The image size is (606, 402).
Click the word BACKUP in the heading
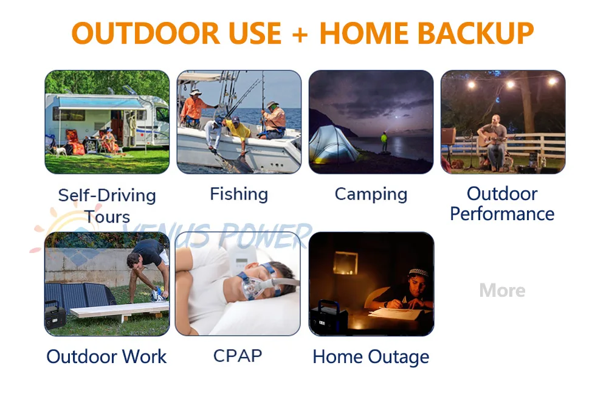(x=476, y=33)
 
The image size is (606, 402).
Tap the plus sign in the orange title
(x=300, y=35)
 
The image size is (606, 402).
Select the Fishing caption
(x=239, y=193)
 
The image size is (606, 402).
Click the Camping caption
(x=371, y=195)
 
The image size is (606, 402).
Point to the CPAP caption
(x=238, y=356)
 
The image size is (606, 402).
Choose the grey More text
(x=503, y=290)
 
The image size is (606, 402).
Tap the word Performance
(x=502, y=213)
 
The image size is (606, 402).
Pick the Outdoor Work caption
(x=106, y=356)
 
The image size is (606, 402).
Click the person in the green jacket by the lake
(x=384, y=142)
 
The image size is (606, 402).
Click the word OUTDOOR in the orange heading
(x=146, y=33)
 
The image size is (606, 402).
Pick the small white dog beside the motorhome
(x=60, y=150)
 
